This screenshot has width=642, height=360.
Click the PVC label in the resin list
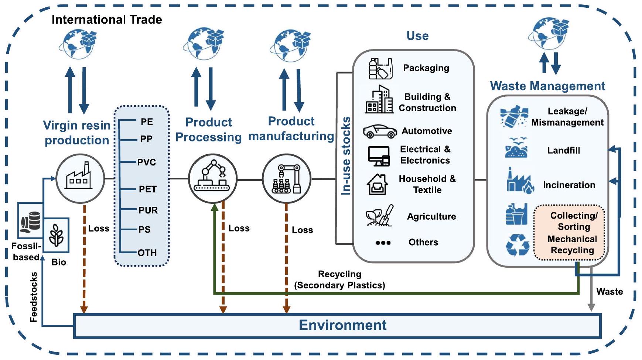(146, 162)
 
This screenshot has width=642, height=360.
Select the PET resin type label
(147, 189)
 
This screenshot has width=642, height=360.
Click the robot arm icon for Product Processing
(213, 176)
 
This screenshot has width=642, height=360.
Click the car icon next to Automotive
(380, 131)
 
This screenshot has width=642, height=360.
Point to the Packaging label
(426, 68)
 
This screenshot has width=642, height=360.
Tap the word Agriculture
(431, 216)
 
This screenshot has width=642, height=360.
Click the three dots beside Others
(383, 243)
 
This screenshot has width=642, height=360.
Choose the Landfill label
(563, 150)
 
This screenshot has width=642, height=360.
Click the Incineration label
(569, 185)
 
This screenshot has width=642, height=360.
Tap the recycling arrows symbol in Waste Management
(518, 245)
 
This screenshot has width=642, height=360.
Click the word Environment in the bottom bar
(342, 325)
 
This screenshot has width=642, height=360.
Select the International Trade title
(107, 19)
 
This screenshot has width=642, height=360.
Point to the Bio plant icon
(57, 235)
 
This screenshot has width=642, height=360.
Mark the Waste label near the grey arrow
(609, 292)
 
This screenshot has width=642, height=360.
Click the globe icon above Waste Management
(549, 33)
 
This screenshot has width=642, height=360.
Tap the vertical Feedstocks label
(34, 297)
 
